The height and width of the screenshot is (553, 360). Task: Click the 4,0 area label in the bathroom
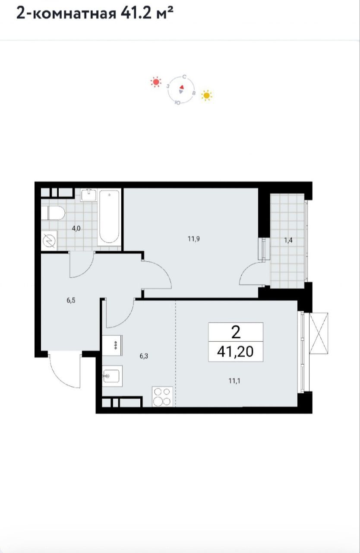76,229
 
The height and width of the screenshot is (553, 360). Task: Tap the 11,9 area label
194,239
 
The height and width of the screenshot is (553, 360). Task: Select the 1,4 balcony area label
288,240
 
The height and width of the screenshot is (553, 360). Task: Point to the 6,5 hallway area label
71,300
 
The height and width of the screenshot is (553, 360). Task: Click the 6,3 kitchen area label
144,356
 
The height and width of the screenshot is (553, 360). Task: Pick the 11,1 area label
234,381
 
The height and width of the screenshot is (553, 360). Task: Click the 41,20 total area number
235,352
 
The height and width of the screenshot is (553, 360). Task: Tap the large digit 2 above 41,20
236,332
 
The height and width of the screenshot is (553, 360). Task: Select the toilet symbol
53,213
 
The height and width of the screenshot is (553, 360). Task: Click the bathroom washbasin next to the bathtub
89,195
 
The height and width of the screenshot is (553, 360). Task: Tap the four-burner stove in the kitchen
162,397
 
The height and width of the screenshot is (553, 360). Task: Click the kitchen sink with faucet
112,376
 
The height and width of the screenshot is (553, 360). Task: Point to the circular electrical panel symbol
49,241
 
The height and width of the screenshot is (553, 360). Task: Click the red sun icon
156,82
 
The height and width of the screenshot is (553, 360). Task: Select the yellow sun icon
207,95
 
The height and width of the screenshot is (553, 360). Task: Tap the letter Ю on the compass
177,103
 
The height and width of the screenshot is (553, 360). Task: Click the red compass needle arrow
182,87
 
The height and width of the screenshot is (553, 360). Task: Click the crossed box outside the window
319,334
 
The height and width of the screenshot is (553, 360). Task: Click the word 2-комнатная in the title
66,13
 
